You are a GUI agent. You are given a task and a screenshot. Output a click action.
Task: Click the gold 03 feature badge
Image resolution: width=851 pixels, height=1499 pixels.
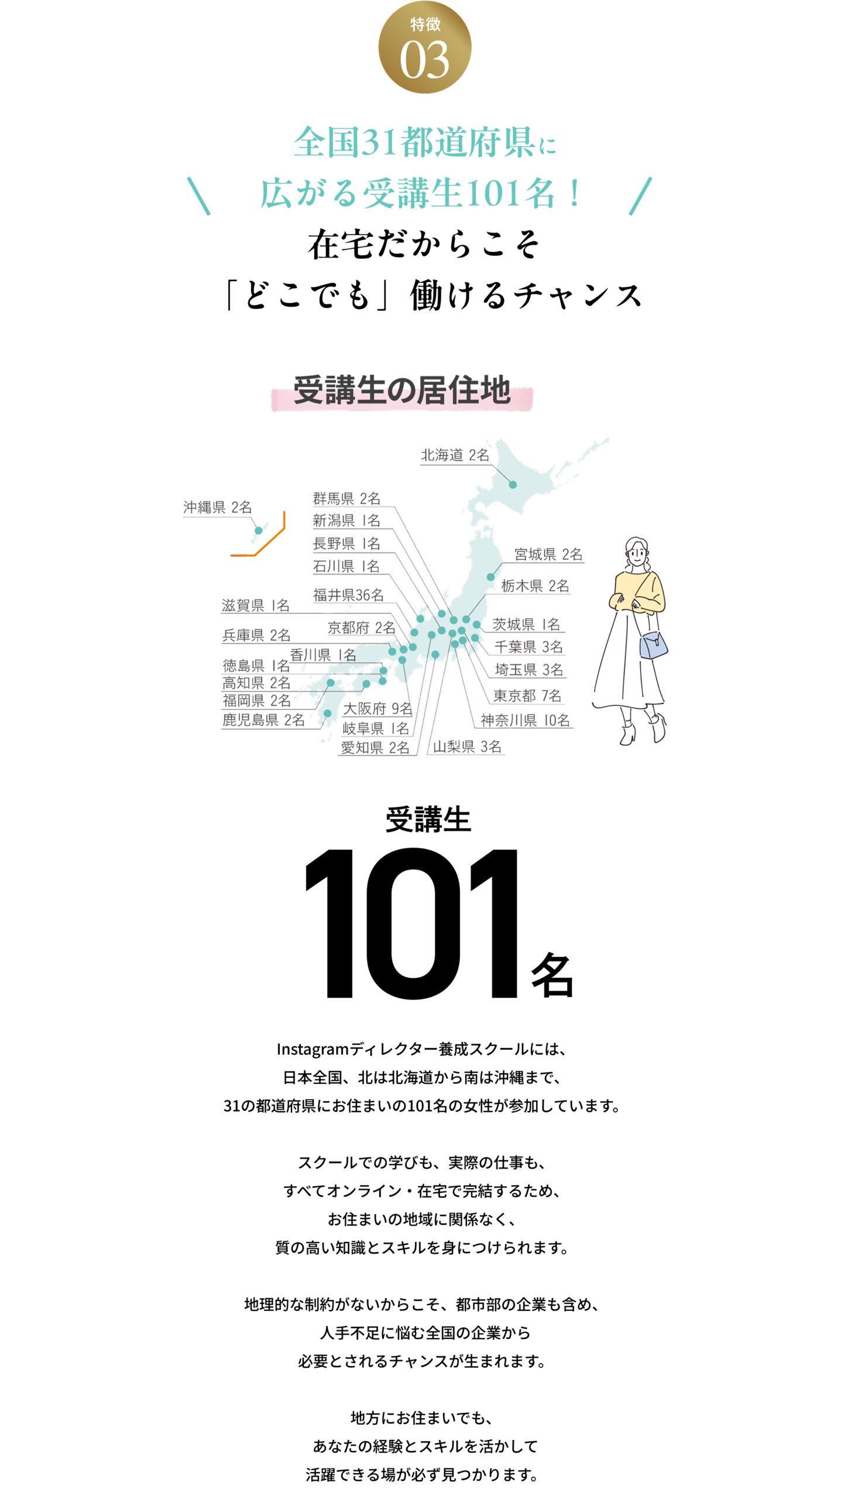pyautogui.click(x=424, y=47)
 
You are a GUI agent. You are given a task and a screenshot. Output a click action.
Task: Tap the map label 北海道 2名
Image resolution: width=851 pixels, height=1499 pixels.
pyautogui.click(x=455, y=455)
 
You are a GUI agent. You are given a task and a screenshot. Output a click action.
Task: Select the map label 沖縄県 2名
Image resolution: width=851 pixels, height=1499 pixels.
pyautogui.click(x=217, y=507)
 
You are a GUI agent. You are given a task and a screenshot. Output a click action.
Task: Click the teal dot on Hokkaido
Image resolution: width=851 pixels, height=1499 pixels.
pyautogui.click(x=513, y=484)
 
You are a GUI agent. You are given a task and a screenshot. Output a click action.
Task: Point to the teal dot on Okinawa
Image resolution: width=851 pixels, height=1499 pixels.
pyautogui.click(x=258, y=531)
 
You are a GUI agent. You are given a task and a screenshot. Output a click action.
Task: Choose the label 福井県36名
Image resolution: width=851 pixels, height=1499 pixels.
pyautogui.click(x=348, y=595)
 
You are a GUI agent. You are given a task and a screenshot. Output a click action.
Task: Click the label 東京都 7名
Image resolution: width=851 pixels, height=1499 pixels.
pyautogui.click(x=527, y=696)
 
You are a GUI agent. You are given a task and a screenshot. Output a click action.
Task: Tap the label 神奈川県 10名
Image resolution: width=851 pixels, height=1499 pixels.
pyautogui.click(x=525, y=720)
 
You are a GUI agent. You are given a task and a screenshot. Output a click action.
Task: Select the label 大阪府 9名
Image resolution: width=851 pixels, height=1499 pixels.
pyautogui.click(x=378, y=709)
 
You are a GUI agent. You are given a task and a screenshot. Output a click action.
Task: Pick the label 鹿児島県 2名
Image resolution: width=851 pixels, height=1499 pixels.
pyautogui.click(x=263, y=720)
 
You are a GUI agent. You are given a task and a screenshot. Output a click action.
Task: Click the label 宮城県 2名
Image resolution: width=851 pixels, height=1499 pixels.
pyautogui.click(x=548, y=554)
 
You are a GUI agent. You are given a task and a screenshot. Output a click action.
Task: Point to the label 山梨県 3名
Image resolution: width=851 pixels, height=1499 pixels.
pyautogui.click(x=467, y=747)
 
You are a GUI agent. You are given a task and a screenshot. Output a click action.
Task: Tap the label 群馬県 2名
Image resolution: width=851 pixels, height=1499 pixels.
pyautogui.click(x=346, y=498)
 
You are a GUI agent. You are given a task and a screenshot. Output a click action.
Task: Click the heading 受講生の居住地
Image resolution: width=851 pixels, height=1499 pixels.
pyautogui.click(x=402, y=390)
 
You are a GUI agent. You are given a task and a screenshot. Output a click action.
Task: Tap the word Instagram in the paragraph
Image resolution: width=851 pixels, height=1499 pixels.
pyautogui.click(x=313, y=1049)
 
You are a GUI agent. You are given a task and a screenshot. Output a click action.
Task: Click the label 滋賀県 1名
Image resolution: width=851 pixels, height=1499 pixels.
pyautogui.click(x=256, y=605)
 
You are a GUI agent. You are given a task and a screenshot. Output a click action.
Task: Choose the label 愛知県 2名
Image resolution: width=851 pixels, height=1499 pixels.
pyautogui.click(x=375, y=748)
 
